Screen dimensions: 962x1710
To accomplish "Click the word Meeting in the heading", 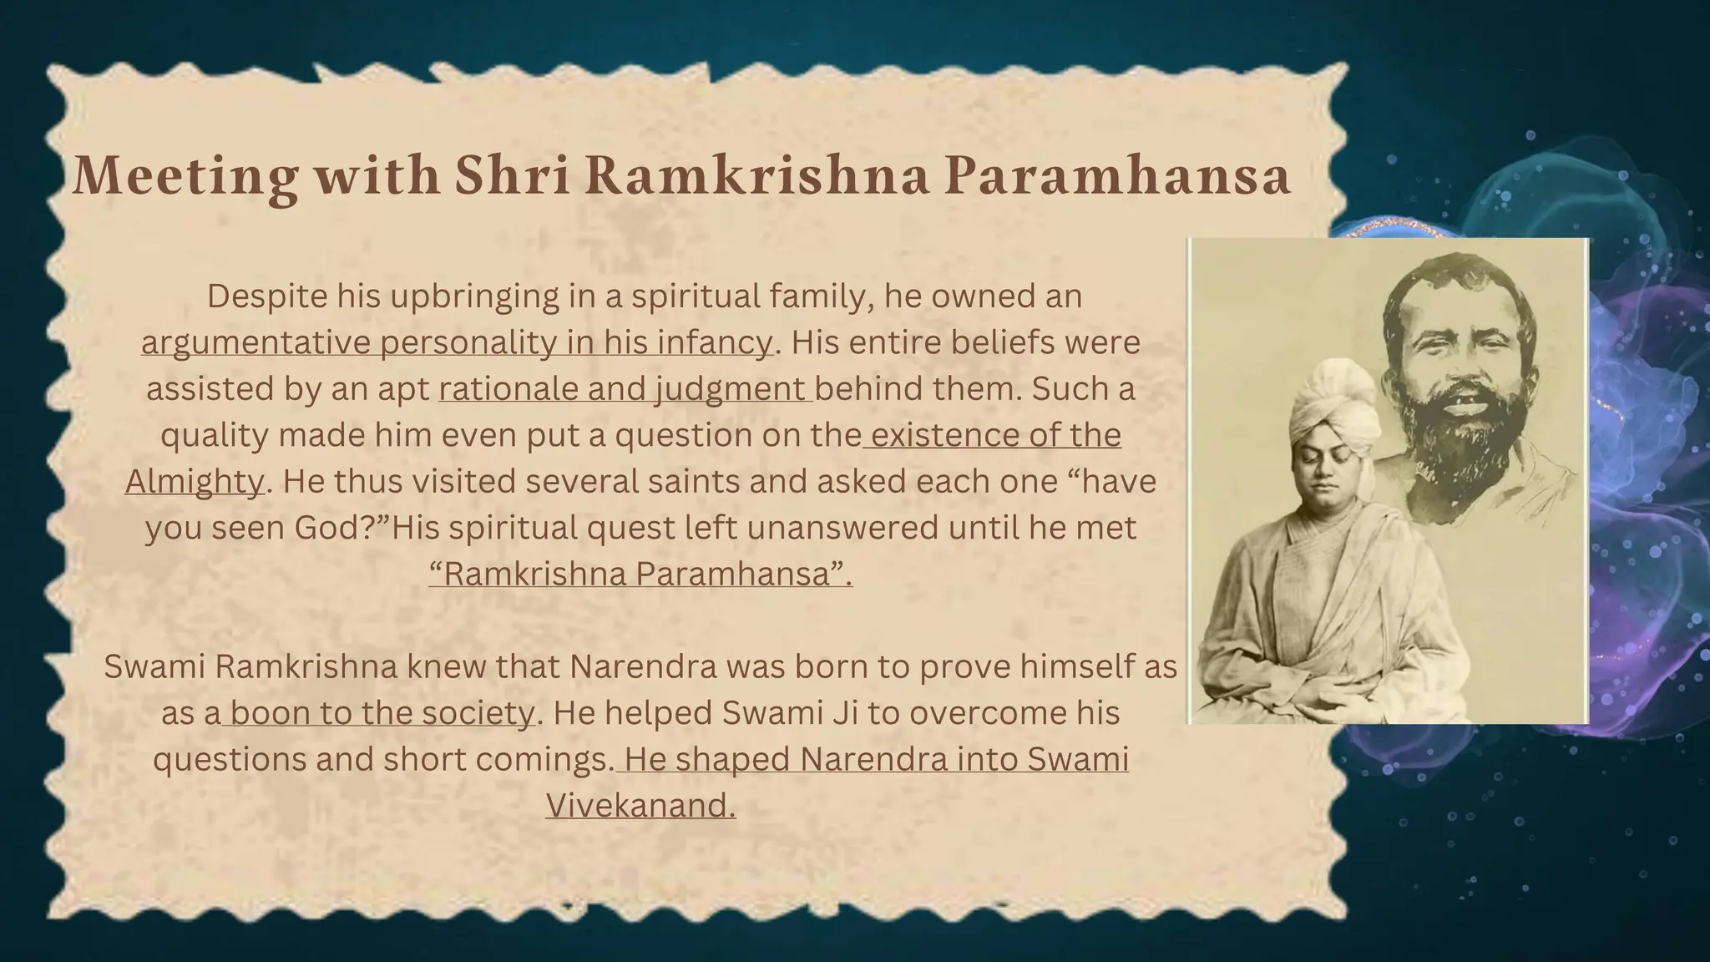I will click(x=185, y=176).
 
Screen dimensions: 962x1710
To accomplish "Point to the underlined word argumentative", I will click(x=255, y=342).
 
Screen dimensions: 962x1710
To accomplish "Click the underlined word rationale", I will click(x=507, y=389).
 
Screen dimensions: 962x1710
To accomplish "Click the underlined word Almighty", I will click(x=195, y=482).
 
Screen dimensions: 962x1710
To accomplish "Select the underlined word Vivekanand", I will click(x=640, y=806).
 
